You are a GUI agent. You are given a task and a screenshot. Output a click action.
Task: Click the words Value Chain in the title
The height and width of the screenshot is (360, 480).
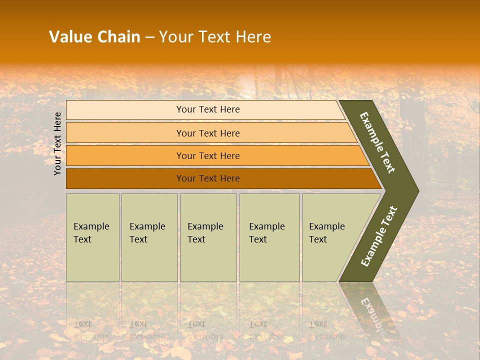click(x=94, y=37)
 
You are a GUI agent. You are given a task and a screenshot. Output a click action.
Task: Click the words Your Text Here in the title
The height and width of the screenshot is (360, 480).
click(x=215, y=37)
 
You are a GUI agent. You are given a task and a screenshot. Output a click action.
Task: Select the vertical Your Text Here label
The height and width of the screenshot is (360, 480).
click(x=57, y=143)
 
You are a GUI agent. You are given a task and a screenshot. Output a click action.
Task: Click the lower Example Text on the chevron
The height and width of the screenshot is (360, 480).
click(x=379, y=236)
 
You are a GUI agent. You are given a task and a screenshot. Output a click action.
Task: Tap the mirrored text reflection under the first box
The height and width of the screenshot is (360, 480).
click(x=91, y=330)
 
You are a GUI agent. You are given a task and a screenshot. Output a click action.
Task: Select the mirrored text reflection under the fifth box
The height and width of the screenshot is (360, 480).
click(x=326, y=330)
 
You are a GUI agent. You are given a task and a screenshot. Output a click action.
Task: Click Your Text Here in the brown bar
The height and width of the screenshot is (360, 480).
click(x=208, y=178)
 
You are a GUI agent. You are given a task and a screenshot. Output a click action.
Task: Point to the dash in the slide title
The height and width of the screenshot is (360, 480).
click(x=149, y=37)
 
